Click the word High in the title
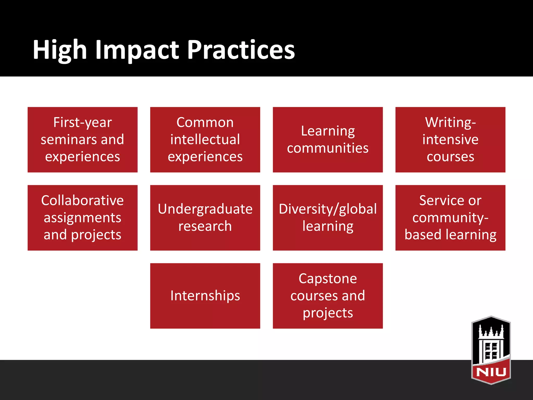coord(60,50)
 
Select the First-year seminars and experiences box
coord(83,140)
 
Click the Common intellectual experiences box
coord(205,140)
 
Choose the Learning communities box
coord(328,140)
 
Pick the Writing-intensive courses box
coord(450,140)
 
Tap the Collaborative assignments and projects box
coord(83,218)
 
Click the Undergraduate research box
coord(205,218)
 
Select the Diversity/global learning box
coord(328,218)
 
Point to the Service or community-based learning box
coord(450,218)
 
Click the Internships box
coord(205,296)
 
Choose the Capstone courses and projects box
coord(328,296)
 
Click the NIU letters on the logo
coord(491,372)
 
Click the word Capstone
coord(328,279)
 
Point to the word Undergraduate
coord(205,209)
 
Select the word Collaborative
coord(83,201)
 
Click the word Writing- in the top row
coord(450,122)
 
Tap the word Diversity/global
coord(328,209)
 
